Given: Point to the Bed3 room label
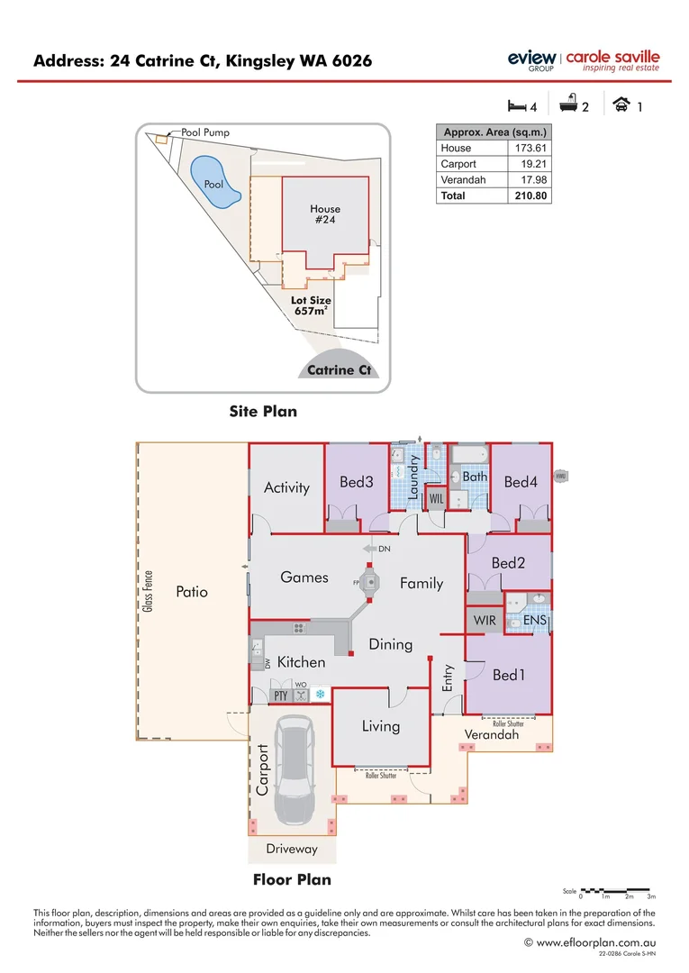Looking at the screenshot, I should [x=357, y=482].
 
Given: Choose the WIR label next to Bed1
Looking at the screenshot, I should [x=485, y=621].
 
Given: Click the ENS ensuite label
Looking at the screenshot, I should [x=534, y=621].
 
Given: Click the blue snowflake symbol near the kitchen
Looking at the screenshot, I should [x=319, y=695].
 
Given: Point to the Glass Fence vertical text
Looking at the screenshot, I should [x=148, y=592].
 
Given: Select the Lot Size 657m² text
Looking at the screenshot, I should [x=310, y=305].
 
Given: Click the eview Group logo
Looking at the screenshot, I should [x=531, y=59].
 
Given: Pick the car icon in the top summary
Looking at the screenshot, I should [x=621, y=105].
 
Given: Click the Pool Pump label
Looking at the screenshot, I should [x=205, y=132].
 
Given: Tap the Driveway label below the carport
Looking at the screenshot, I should [x=292, y=849].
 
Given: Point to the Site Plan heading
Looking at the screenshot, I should [x=263, y=412].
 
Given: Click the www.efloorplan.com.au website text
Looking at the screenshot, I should [x=595, y=942].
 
